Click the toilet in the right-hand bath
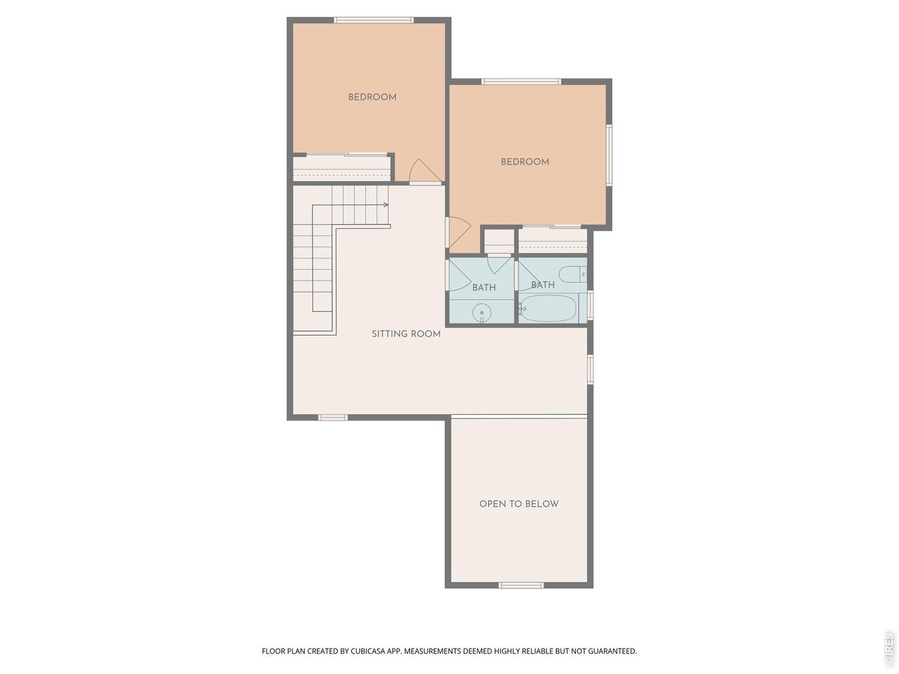(x=572, y=275)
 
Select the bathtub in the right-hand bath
(x=549, y=308)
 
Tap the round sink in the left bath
(x=482, y=313)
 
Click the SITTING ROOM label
(x=406, y=334)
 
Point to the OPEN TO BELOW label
(x=519, y=504)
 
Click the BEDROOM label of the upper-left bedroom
(x=372, y=98)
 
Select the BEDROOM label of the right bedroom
(x=525, y=161)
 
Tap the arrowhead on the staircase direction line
(x=386, y=204)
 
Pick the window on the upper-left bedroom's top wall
(x=374, y=20)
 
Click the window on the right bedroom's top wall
(x=521, y=81)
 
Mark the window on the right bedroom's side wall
(x=609, y=155)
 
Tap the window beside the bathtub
(x=590, y=305)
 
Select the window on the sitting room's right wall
(x=590, y=369)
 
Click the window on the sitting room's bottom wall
(x=333, y=418)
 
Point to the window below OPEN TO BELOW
(x=521, y=586)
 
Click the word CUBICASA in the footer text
(x=367, y=651)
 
